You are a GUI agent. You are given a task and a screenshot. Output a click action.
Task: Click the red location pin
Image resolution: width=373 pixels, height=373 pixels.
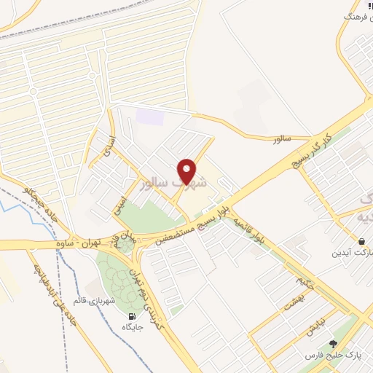(x=188, y=171)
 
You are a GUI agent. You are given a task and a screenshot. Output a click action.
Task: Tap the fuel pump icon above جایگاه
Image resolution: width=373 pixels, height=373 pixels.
(x=132, y=317)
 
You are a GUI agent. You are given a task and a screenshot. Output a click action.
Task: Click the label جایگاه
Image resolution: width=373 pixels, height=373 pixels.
(x=132, y=329)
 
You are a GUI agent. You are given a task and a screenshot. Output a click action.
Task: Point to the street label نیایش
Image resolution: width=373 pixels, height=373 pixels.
(x=315, y=329)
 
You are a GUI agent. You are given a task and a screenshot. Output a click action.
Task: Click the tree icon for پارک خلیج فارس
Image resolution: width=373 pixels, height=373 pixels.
(x=334, y=344)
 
